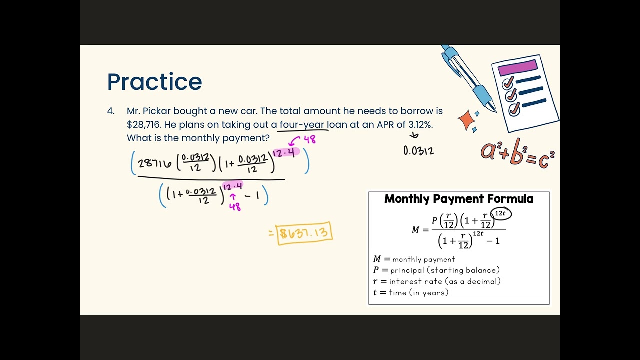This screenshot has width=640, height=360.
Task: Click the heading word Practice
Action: pyautogui.click(x=154, y=82)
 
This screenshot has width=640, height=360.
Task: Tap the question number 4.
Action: pyautogui.click(x=110, y=111)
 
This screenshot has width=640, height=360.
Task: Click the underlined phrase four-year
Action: pyautogui.click(x=302, y=125)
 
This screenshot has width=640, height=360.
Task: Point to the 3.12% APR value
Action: pyautogui.click(x=420, y=125)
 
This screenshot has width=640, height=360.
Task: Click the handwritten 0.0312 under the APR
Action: pyautogui.click(x=418, y=150)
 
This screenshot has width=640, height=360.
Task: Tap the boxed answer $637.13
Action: pyautogui.click(x=305, y=233)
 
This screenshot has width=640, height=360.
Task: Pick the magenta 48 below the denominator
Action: pyautogui.click(x=235, y=206)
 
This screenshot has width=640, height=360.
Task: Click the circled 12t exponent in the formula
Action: pyautogui.click(x=500, y=214)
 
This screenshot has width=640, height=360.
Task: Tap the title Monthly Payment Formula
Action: pyautogui.click(x=459, y=199)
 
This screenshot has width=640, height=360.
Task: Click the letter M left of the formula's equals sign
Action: pyautogui.click(x=416, y=230)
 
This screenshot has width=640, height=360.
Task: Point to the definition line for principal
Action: pyautogui.click(x=436, y=270)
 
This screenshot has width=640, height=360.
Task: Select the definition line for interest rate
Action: pyautogui.click(x=437, y=281)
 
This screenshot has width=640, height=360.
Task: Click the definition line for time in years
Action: pyautogui.click(x=411, y=293)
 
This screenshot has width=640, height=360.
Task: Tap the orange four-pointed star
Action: pyautogui.click(x=466, y=120)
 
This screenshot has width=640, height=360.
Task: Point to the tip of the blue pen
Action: pyautogui.click(x=495, y=110)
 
